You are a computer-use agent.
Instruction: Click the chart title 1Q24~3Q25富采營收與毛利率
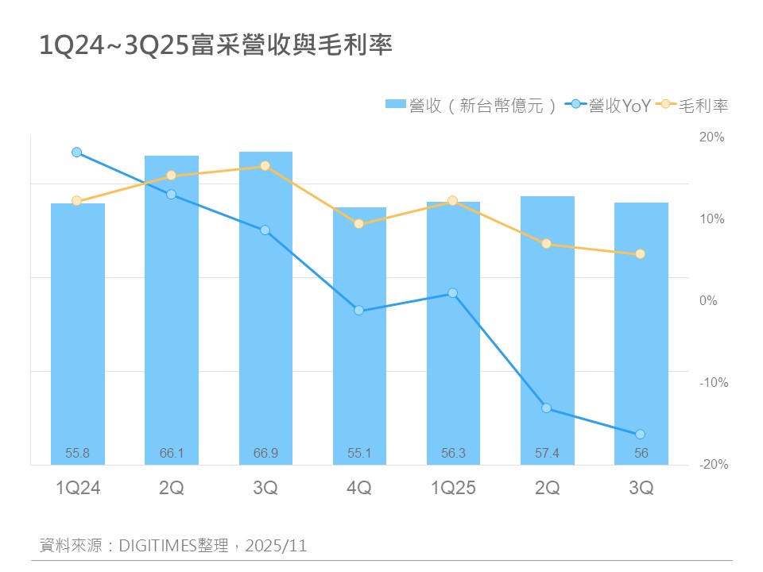point(216,45)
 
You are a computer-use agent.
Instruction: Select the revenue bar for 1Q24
point(78,334)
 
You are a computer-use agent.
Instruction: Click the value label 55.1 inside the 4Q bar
point(359,454)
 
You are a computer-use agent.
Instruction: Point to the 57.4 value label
point(547,454)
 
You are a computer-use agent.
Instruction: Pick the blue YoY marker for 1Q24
point(77,152)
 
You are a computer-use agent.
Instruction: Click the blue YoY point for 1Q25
point(453,292)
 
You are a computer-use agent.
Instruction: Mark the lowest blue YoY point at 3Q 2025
point(640,434)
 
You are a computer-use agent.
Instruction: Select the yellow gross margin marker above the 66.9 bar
point(265,166)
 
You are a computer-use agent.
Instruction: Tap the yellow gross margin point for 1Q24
point(77,201)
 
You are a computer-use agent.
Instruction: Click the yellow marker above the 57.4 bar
point(547,243)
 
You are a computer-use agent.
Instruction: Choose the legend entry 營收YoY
point(610,105)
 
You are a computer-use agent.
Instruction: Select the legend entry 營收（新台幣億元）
point(472,105)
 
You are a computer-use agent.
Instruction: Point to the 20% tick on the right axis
point(712,137)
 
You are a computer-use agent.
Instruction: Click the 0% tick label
point(709,301)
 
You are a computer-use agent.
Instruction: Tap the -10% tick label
point(712,383)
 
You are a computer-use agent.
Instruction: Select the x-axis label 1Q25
point(453,489)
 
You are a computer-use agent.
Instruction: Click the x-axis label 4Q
point(359,489)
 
